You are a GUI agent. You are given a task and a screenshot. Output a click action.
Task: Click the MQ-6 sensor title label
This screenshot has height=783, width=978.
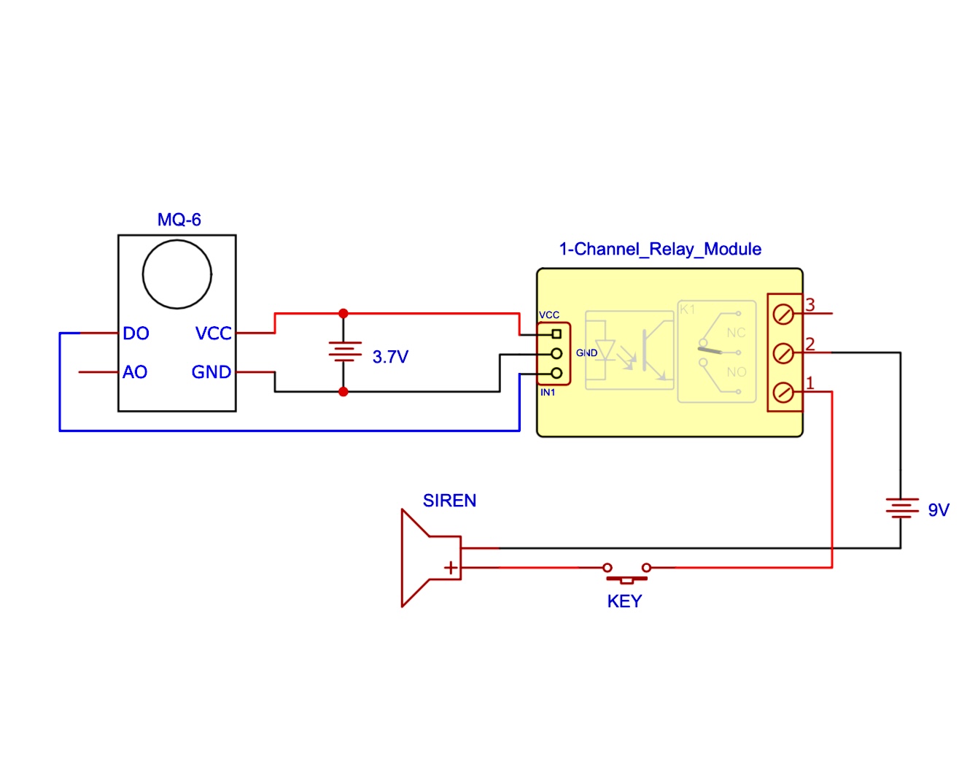click(x=179, y=220)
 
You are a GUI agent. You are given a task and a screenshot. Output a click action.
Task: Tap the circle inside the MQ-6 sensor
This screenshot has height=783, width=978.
click(x=177, y=274)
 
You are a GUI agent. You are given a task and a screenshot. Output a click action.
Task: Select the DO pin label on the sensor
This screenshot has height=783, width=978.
click(x=136, y=333)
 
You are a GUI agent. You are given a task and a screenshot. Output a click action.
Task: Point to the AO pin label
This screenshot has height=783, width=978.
click(x=135, y=372)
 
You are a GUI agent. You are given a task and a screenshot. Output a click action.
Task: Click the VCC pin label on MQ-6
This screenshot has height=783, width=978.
click(x=213, y=333)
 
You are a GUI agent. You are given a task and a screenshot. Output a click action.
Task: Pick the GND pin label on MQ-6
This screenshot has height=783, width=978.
click(x=211, y=372)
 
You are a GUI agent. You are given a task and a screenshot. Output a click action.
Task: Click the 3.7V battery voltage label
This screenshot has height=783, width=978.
click(x=390, y=357)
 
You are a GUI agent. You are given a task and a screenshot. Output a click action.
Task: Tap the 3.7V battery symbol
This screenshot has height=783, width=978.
click(x=344, y=352)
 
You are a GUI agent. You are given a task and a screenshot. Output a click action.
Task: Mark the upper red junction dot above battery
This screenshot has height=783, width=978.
click(x=344, y=314)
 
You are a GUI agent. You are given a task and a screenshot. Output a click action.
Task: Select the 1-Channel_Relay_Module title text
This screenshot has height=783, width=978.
click(x=660, y=250)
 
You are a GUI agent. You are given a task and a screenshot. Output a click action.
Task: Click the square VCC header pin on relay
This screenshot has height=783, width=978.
click(x=556, y=334)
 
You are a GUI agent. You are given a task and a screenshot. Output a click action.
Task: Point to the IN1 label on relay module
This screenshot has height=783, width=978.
click(x=548, y=393)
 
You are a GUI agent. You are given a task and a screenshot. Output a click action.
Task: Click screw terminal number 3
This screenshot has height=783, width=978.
click(x=783, y=315)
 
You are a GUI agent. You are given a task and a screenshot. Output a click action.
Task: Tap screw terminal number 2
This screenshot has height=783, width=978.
click(x=783, y=354)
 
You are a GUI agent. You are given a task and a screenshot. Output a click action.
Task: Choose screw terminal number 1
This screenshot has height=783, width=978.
click(x=783, y=393)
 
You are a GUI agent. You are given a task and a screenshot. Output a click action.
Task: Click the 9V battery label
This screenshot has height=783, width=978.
click(x=939, y=510)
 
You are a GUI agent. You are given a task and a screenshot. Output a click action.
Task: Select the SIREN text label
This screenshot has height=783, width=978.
click(x=449, y=501)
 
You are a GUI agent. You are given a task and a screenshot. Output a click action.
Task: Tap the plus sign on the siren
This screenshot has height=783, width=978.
click(x=451, y=567)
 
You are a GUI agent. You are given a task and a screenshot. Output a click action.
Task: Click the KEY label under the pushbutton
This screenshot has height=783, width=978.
click(x=624, y=601)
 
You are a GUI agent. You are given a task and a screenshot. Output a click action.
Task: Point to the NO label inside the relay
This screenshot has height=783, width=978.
click(x=737, y=372)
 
